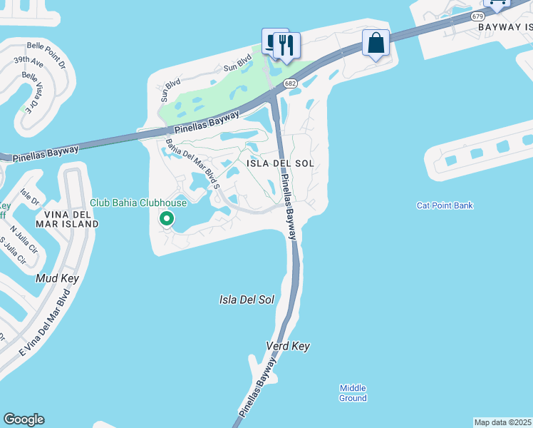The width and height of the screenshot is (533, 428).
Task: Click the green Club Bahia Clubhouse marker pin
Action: click(167, 218)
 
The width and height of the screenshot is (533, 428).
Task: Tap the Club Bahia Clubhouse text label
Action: click(138, 203)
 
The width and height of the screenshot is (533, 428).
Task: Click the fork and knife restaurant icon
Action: click(287, 45)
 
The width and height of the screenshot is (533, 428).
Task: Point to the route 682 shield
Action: click(290, 84)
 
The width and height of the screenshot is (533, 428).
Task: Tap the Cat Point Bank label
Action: click(445, 206)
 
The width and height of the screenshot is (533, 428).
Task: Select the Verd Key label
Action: click(288, 346)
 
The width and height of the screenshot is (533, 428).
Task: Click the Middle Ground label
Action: click(353, 392)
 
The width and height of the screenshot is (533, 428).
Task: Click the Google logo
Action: click(24, 419)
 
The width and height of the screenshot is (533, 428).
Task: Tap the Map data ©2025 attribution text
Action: click(503, 422)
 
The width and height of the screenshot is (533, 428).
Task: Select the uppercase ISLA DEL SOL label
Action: click(280, 163)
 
